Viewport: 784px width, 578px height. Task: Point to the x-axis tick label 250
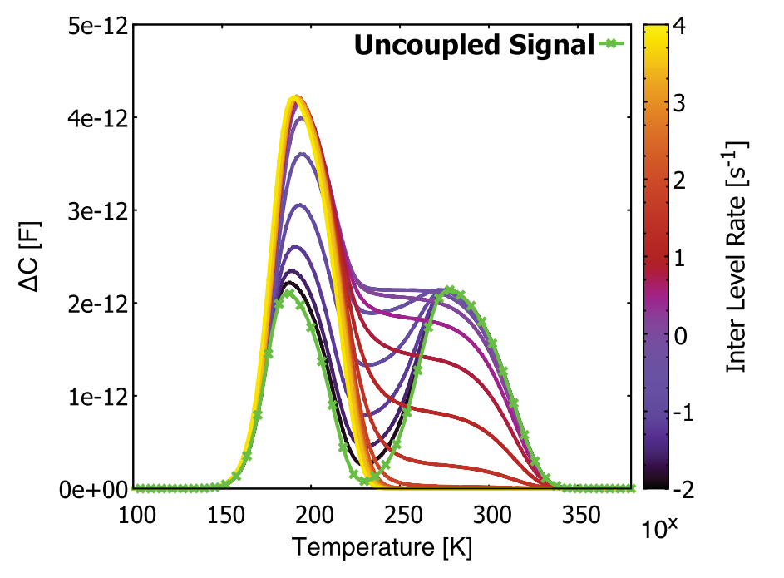[402, 516]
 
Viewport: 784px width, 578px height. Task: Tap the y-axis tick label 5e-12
[96, 25]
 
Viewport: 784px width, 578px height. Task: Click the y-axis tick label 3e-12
[96, 210]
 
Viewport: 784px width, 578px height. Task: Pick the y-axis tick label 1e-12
[96, 396]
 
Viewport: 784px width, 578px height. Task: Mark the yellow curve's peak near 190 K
[295, 98]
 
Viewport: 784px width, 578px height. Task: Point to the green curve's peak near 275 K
[450, 290]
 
